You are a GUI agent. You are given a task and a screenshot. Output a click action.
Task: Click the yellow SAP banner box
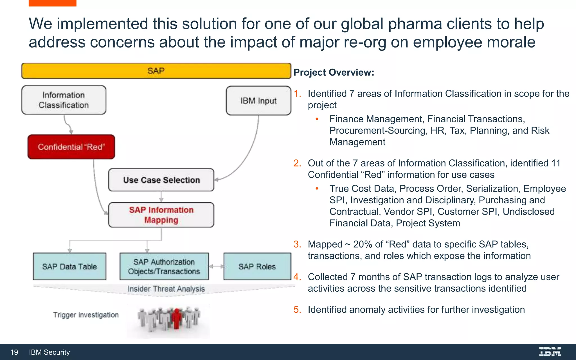click(156, 71)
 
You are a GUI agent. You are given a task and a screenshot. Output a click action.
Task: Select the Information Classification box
click(64, 100)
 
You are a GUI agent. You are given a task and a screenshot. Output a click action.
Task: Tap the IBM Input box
click(258, 101)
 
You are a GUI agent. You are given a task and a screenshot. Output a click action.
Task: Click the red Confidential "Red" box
click(71, 147)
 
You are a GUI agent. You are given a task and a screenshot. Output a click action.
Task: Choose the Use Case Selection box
click(161, 180)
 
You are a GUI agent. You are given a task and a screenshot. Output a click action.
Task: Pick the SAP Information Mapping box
click(161, 215)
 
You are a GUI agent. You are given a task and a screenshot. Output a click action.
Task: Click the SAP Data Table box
click(69, 266)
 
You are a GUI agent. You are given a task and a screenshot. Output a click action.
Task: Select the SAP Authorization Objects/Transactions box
click(164, 266)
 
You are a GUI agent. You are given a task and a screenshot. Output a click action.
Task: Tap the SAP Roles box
click(257, 266)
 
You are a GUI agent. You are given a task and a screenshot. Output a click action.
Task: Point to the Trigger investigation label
click(86, 315)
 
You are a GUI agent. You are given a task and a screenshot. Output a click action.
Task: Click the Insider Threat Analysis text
click(166, 289)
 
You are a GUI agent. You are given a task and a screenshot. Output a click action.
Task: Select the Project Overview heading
click(334, 72)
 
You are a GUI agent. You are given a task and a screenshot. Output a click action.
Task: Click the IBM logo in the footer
click(550, 352)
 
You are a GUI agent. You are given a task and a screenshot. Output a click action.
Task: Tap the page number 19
click(14, 352)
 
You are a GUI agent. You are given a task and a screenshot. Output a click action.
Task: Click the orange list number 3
click(297, 244)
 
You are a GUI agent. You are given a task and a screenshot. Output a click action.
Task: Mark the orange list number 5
click(297, 309)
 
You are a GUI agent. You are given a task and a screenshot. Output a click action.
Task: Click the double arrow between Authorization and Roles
click(216, 266)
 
